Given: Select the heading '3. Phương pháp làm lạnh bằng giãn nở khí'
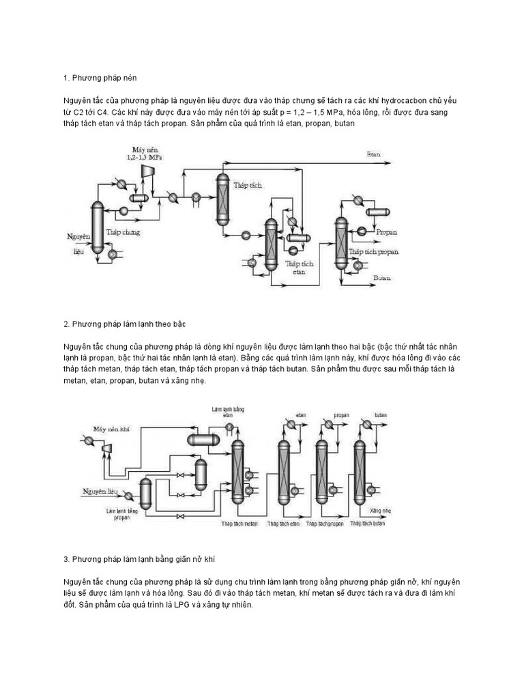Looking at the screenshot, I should click(140, 558).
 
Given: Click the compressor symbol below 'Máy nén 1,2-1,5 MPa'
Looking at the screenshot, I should click(145, 175).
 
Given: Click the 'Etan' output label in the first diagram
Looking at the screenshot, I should click(373, 154).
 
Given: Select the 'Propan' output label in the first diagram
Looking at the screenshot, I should click(386, 232).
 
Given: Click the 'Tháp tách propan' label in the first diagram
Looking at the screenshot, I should click(374, 252).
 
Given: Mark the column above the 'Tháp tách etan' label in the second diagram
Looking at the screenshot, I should click(283, 471).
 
